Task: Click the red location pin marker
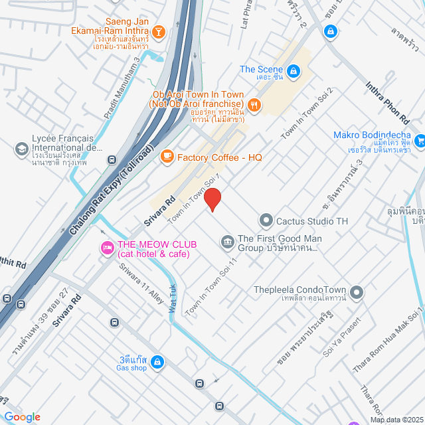[212, 199]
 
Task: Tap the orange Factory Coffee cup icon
[166, 156]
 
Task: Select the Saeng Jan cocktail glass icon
[159, 31]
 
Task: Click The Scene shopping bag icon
[293, 69]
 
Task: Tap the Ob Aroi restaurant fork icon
[254, 104]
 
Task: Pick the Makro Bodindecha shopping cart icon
[419, 140]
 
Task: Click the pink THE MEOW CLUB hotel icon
[106, 248]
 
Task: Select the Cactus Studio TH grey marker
[266, 220]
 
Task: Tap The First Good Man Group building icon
[227, 240]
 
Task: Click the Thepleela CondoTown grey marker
[357, 292]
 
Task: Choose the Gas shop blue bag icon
[157, 362]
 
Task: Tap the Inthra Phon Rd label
[387, 102]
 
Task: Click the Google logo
[22, 416]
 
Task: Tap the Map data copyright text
[396, 420]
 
